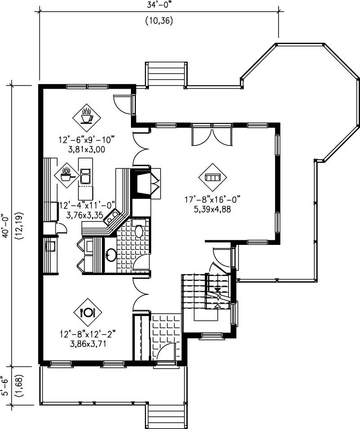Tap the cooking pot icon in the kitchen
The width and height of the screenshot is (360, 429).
point(66,174)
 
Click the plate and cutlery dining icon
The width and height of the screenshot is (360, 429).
point(87,312)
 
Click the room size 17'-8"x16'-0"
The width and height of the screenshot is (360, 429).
point(211,199)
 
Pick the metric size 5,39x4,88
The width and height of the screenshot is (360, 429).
point(211,209)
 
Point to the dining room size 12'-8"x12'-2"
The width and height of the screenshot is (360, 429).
point(87,334)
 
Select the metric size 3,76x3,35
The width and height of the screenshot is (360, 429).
point(85,215)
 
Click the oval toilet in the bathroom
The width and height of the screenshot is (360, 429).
point(139,231)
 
